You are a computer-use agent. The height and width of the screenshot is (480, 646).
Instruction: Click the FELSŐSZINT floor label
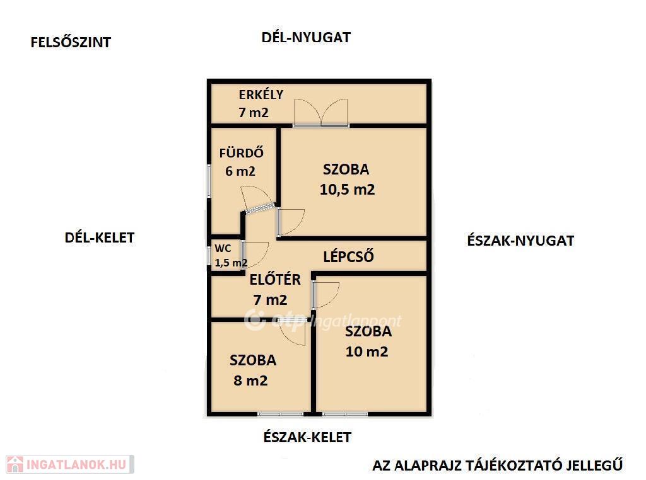(71, 42)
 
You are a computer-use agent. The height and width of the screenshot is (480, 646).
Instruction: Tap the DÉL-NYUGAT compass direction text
(306, 37)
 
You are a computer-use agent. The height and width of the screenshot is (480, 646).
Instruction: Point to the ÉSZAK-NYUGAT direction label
(520, 241)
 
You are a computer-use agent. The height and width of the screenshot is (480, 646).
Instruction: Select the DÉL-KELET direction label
(100, 237)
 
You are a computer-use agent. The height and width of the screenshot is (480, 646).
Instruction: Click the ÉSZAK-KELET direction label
(307, 437)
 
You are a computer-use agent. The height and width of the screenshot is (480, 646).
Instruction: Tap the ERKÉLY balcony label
(261, 94)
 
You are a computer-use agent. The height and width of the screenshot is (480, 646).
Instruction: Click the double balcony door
(321, 112)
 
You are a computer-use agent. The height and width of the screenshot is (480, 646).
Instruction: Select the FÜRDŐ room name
(242, 153)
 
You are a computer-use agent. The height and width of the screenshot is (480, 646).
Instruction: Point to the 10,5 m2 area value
(348, 190)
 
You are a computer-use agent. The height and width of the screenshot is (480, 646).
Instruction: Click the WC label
(223, 248)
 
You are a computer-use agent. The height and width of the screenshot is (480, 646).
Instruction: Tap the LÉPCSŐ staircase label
(348, 256)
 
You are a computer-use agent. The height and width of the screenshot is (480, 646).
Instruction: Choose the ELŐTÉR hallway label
(275, 280)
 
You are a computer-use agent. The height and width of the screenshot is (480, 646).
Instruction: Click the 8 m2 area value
(250, 380)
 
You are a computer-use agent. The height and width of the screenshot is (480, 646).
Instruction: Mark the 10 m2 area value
(367, 351)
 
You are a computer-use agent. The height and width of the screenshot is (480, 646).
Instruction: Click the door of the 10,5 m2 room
(291, 222)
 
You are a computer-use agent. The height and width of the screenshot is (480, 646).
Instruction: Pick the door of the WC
(255, 255)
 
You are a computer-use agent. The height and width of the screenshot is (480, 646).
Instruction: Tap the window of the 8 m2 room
(280, 414)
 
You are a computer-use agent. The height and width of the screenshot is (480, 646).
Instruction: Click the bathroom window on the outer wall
(209, 181)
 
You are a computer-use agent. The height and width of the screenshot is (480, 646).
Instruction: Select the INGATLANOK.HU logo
(70, 464)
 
